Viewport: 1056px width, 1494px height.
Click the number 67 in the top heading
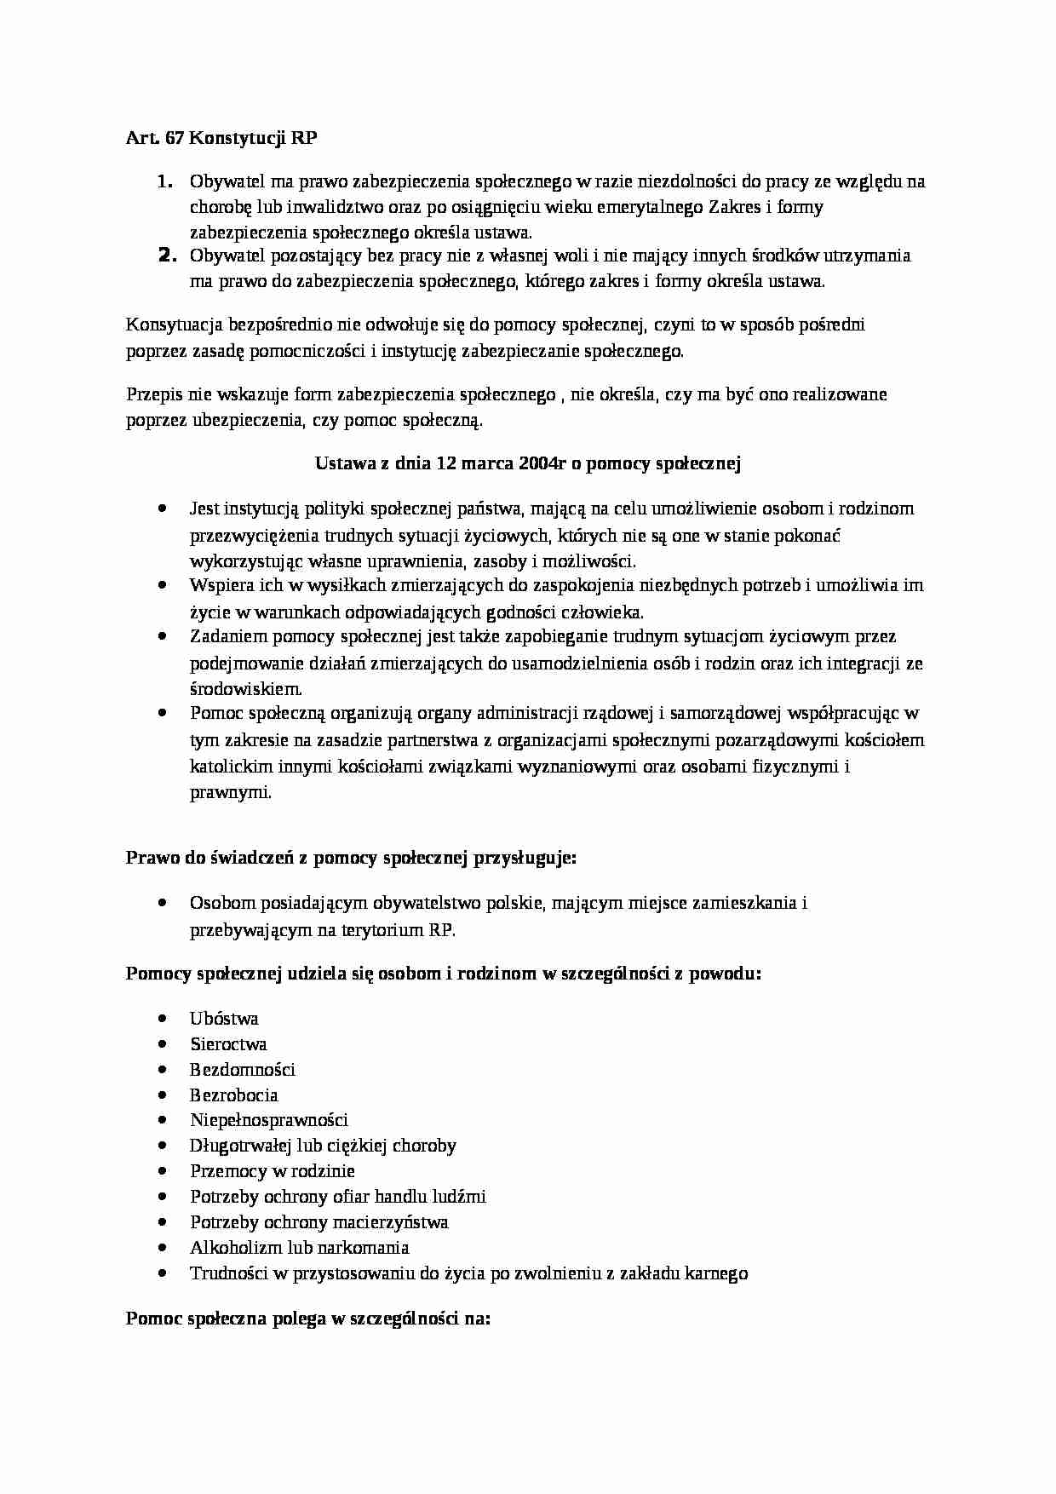click(174, 139)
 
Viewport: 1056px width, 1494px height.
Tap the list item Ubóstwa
click(224, 1019)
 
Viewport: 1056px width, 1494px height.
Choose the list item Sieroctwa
click(228, 1044)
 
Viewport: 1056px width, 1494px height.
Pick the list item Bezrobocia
click(234, 1095)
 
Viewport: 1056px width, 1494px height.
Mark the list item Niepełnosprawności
click(269, 1120)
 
